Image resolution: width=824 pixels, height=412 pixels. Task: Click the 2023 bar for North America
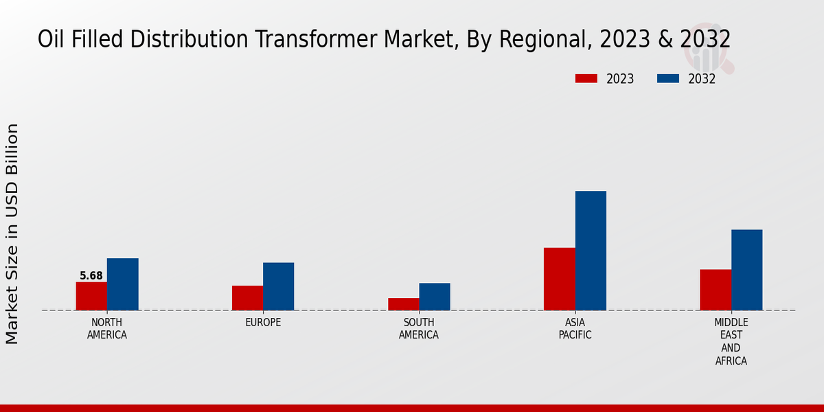point(91,296)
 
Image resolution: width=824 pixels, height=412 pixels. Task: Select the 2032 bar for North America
point(122,284)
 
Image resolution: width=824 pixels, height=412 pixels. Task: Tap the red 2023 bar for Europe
point(247,298)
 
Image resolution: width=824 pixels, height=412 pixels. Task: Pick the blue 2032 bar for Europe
point(278,286)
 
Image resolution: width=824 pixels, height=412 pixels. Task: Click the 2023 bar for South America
point(403,304)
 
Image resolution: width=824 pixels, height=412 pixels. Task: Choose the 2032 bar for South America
point(435,297)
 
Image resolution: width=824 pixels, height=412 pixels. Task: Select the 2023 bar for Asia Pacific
point(559,279)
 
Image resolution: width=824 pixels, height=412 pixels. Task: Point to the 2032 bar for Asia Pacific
point(591,251)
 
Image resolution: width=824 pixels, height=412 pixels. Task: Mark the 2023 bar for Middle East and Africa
point(716,290)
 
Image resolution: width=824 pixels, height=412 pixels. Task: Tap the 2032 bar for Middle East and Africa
point(746,270)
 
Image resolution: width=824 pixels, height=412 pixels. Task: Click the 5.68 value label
point(91,276)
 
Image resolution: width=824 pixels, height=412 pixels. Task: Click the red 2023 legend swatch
point(586,79)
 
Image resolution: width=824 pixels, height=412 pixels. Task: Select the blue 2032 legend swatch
point(667,79)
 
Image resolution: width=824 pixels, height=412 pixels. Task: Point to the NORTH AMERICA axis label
point(107,329)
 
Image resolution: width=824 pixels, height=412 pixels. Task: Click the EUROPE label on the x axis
point(263,323)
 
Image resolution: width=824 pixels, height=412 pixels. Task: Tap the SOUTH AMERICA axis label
point(419,329)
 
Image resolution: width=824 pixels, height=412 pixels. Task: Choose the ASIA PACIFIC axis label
point(575,329)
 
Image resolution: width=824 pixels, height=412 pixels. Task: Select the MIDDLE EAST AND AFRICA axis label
point(731,341)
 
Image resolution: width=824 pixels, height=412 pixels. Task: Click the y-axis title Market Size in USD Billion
point(12,233)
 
